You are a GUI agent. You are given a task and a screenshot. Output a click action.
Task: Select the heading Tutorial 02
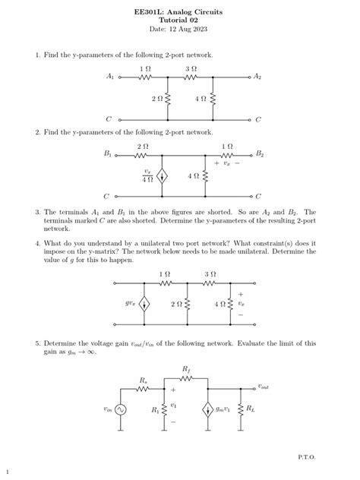click(x=180, y=20)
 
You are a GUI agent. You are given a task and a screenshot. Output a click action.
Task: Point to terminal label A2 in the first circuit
click(x=258, y=77)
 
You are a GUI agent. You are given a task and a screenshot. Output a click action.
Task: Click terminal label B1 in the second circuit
click(x=108, y=153)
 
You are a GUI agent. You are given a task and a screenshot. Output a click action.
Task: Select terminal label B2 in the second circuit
click(x=260, y=153)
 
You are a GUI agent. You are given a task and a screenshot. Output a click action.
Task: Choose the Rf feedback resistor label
click(x=187, y=368)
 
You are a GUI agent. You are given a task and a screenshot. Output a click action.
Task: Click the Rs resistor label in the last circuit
click(x=144, y=379)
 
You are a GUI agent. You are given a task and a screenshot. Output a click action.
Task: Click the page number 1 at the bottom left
click(x=7, y=471)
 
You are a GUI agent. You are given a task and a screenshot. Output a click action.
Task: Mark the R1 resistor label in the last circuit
click(x=155, y=410)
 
